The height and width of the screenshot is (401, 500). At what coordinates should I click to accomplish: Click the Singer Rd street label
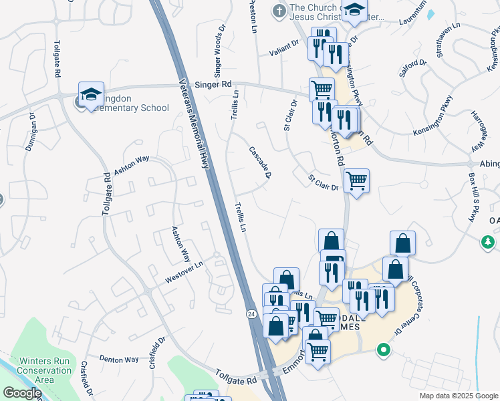[213, 85]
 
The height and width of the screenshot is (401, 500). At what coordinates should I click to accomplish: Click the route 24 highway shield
[251, 314]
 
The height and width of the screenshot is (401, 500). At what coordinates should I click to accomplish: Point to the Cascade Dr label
[259, 163]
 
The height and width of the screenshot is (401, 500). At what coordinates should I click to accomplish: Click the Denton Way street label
[119, 359]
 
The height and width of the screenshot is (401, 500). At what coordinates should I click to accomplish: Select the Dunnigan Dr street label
[31, 132]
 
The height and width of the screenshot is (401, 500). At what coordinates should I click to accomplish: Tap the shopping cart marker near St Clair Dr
[356, 180]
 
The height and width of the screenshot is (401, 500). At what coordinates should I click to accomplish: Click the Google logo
[22, 393]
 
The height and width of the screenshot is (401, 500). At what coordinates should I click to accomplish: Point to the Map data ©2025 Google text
[458, 396]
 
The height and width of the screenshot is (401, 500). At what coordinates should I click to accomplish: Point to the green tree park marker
[489, 241]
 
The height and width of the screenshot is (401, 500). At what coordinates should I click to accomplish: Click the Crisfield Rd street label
[85, 378]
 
